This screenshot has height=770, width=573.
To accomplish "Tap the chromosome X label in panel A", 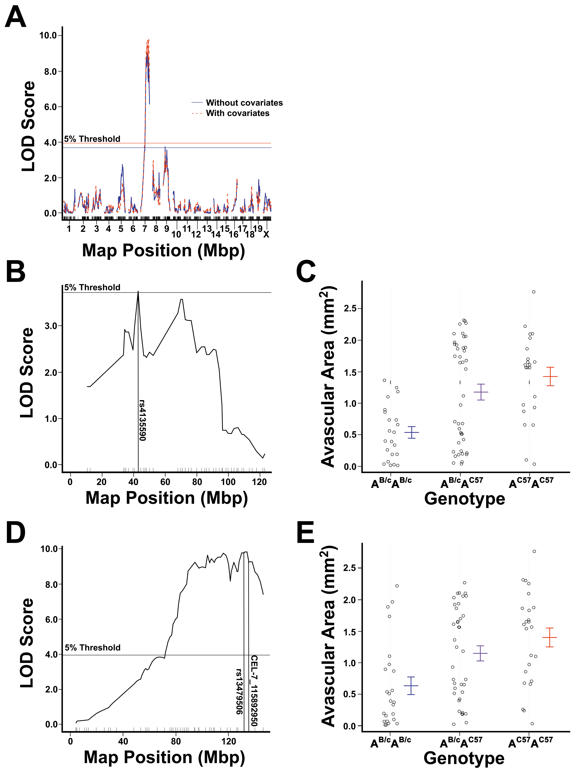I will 266,234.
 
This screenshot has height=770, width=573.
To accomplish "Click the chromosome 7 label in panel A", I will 145,229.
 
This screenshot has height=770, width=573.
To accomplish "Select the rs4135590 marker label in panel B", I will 142,420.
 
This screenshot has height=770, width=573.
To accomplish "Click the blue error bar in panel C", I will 412,432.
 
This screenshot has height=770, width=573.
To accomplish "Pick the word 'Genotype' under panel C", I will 465,499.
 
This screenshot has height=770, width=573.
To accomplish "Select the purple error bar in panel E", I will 480,653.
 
